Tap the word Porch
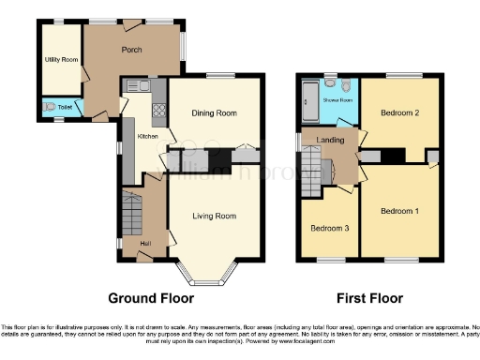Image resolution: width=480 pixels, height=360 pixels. pyautogui.click(x=130, y=50)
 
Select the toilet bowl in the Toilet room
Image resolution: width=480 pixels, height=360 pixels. pyautogui.click(x=50, y=107)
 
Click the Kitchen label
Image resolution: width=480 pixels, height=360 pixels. pyautogui.click(x=148, y=137)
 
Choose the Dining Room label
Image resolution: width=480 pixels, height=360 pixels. pyautogui.click(x=213, y=113)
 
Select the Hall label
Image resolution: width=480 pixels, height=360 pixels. pyautogui.click(x=144, y=245)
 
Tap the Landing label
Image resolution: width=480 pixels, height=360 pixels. pyautogui.click(x=329, y=141)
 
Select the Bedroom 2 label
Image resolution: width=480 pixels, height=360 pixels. pyautogui.click(x=399, y=113)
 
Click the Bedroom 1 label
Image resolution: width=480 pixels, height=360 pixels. pyautogui.click(x=399, y=211)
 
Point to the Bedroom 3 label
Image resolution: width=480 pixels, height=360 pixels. pyautogui.click(x=329, y=228)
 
